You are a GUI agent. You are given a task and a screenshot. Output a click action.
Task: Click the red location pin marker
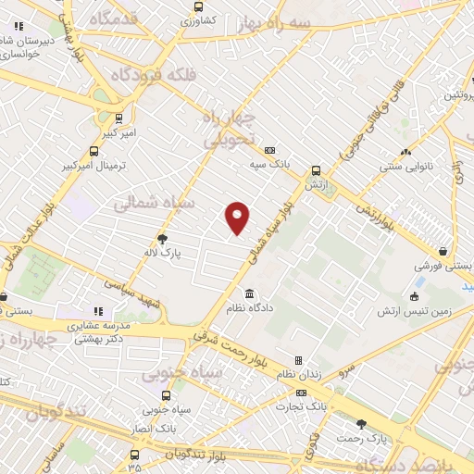238,218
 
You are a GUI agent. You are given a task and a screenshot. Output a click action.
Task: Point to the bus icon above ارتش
317,171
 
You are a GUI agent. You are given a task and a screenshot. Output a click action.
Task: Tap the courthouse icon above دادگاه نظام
249,293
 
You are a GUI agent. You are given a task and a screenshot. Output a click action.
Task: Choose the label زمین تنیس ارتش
413,311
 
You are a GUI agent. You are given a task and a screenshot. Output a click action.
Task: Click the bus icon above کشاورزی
196,6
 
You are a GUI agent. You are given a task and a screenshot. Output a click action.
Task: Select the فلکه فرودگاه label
152,74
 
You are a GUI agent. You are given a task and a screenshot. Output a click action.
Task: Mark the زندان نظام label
297,374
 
